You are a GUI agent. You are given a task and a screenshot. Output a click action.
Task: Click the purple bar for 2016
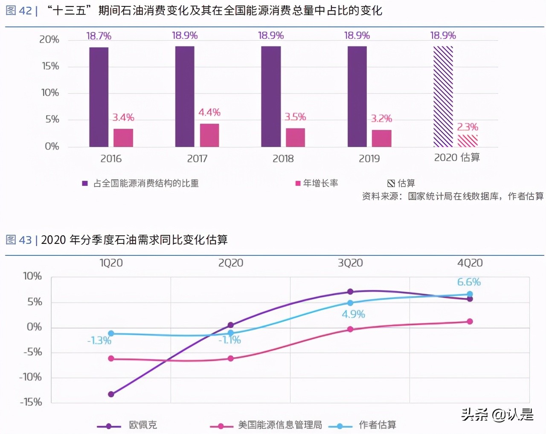tap(99, 97)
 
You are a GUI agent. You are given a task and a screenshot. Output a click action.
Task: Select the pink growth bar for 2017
tap(209, 135)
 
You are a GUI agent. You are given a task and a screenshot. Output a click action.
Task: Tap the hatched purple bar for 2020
tap(443, 96)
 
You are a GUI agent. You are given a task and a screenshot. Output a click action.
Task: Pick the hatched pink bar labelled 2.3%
tap(468, 141)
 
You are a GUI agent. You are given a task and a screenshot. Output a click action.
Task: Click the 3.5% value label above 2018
tap(295, 117)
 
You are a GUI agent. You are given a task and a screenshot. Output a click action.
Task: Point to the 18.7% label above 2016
tap(99, 36)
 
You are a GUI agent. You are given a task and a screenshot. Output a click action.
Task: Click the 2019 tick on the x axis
tap(369, 159)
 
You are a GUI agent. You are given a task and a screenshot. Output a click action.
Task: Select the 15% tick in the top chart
tap(50, 66)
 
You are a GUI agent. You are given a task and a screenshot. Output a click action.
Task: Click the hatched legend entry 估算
tap(401, 183)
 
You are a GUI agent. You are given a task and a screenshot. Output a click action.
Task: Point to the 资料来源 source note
tap(453, 196)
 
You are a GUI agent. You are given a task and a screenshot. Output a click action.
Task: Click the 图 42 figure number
tap(19, 11)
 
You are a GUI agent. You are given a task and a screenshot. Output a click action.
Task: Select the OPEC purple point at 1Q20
tap(111, 394)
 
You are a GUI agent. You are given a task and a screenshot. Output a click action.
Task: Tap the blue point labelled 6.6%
tap(470, 294)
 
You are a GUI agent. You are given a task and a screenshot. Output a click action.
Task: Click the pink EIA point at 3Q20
tap(350, 329)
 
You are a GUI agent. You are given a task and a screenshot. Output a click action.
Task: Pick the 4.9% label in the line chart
tap(353, 314)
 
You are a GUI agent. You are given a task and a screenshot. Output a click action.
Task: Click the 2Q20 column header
tap(230, 263)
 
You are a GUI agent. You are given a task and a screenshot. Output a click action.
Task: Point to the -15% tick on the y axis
tap(31, 402)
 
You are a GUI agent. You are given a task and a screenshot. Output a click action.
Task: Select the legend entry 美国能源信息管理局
tap(279, 425)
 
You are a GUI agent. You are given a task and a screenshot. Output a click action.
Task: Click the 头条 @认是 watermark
tap(497, 414)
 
